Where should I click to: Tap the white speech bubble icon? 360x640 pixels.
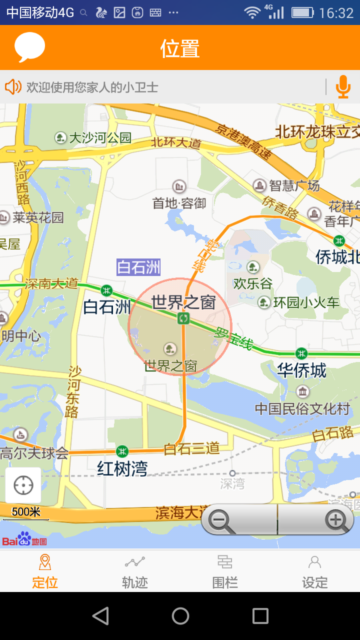pyautogui.click(x=30, y=47)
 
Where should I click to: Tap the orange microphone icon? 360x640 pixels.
pyautogui.click(x=342, y=87)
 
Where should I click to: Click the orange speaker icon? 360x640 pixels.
pyautogui.click(x=13, y=87)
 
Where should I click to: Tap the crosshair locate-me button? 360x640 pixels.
pyautogui.click(x=23, y=485)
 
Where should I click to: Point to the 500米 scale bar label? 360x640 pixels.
pyautogui.click(x=26, y=512)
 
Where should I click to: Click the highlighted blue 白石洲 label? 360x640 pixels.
pyautogui.click(x=138, y=267)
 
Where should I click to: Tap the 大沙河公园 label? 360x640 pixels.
pyautogui.click(x=100, y=137)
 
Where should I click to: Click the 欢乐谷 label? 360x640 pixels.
pyautogui.click(x=253, y=283)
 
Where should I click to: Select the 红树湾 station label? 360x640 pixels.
pyautogui.click(x=122, y=468)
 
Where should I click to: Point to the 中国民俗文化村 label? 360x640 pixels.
pyautogui.click(x=302, y=408)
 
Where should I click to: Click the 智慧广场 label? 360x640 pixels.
pyautogui.click(x=294, y=186)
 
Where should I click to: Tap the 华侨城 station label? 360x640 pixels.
pyautogui.click(x=301, y=370)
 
